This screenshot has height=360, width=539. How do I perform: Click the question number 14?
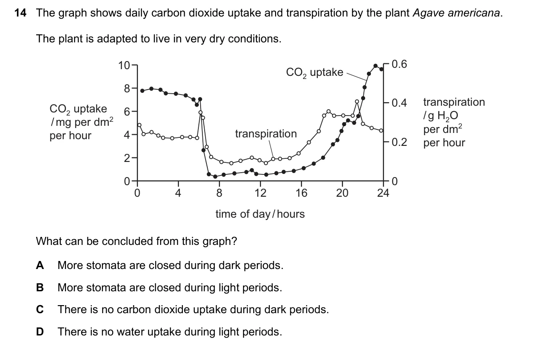tap(20, 13)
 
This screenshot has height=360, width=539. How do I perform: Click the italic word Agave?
tap(428, 13)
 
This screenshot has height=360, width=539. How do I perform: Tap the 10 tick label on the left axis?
tap(124, 66)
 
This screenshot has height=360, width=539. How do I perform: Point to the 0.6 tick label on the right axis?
tap(399, 64)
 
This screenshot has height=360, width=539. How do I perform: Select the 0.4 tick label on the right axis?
tap(399, 103)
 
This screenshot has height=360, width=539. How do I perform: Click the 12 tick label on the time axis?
tap(260, 193)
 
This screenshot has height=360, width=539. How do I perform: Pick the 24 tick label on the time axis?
tap(383, 193)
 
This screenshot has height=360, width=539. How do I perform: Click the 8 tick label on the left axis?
tap(127, 89)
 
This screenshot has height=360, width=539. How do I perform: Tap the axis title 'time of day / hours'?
tap(260, 214)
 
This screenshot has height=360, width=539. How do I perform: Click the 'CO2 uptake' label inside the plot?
tap(314, 72)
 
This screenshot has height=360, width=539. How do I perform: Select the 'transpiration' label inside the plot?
tap(266, 134)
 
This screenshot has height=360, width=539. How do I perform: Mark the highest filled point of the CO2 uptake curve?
tap(375, 66)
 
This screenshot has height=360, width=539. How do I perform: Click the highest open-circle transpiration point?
tap(357, 102)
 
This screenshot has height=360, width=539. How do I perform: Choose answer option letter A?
tap(40, 265)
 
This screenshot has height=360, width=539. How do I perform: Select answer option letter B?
tap(40, 288)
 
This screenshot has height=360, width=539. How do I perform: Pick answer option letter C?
tap(40, 310)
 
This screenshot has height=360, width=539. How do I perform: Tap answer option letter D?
tap(40, 331)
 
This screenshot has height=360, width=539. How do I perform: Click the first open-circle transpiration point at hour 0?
tap(140, 125)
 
